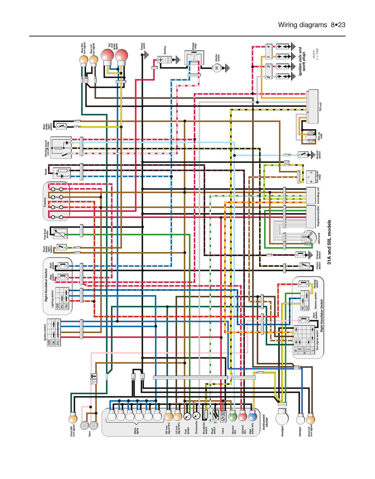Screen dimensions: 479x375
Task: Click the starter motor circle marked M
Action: [x=216, y=68]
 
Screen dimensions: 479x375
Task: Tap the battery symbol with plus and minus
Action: [x=164, y=60]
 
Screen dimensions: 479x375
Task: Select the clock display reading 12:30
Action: [x=223, y=416]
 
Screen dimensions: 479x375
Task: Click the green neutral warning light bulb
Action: [x=233, y=417]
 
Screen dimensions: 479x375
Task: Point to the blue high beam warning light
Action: [x=253, y=417]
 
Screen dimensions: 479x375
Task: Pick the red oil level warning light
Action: [x=243, y=417]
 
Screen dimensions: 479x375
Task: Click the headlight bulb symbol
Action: [x=282, y=417]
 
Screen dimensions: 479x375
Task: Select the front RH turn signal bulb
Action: [x=73, y=419]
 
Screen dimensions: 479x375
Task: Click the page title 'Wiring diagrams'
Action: [x=302, y=25]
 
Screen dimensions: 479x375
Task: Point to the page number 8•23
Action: [x=338, y=25]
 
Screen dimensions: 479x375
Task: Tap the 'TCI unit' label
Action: [x=321, y=107]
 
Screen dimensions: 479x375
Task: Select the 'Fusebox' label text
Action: [x=45, y=202]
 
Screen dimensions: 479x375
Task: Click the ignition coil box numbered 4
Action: [x=269, y=47]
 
